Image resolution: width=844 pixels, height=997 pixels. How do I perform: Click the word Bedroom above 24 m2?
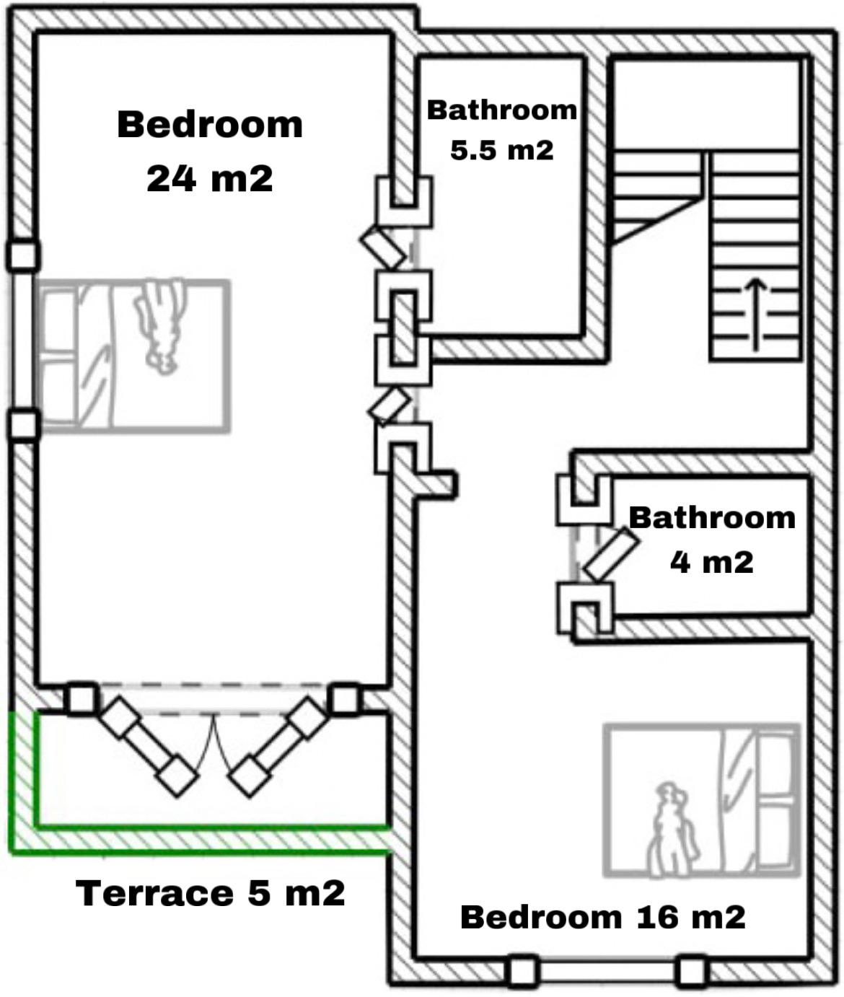point(210,125)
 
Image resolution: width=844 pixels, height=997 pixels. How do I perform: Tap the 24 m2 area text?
point(210,178)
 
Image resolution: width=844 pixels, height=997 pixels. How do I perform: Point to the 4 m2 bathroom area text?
point(711,562)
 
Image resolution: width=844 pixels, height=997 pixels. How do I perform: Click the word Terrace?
point(154,893)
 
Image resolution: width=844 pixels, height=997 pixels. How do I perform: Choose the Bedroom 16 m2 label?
point(603,917)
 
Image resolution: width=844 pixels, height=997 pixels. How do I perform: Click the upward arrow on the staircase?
point(755,314)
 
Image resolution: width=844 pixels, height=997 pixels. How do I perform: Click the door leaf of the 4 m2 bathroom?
point(610,554)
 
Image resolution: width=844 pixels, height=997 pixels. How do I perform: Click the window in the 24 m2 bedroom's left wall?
point(22,341)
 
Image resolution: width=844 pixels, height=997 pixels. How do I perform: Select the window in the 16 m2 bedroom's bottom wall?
point(607,970)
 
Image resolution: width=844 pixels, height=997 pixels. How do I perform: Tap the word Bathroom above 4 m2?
point(712,518)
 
